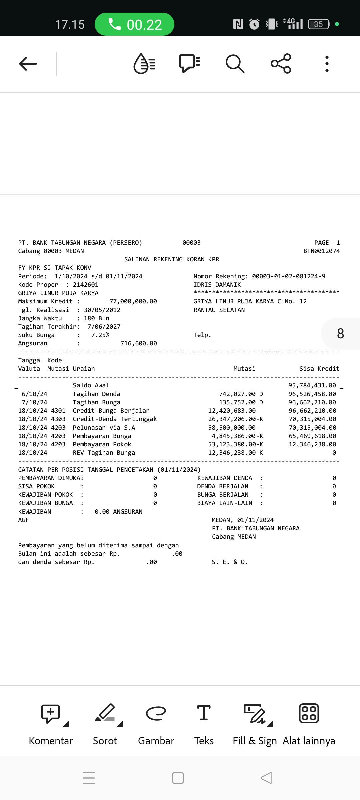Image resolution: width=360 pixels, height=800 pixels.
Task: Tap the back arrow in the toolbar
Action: tap(28, 63)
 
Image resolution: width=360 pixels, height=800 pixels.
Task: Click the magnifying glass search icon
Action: tap(235, 63)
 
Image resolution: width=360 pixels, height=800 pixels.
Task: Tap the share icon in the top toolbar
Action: tap(281, 63)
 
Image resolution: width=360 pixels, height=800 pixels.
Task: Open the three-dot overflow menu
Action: tap(327, 63)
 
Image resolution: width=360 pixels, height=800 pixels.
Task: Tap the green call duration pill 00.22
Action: tap(134, 24)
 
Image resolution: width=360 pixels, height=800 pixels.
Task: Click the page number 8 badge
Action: tap(340, 334)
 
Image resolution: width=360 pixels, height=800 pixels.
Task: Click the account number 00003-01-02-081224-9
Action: tap(288, 276)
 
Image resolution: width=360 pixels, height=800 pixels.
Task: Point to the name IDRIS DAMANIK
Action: tap(217, 285)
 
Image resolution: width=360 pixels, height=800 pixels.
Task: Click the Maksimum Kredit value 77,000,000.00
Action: tap(133, 301)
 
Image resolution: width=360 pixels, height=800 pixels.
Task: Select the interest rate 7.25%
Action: tap(100, 335)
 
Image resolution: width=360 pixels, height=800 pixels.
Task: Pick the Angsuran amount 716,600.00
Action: tap(138, 343)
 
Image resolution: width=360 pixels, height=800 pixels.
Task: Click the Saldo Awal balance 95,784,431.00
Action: tap(312, 385)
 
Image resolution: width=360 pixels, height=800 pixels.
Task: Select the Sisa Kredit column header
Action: tap(319, 369)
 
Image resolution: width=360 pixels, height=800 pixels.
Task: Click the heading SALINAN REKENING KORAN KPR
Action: tap(172, 259)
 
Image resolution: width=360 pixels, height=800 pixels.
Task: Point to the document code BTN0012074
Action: tap(321, 251)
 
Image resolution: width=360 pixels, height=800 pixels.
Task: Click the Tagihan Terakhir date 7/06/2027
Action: tap(104, 327)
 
